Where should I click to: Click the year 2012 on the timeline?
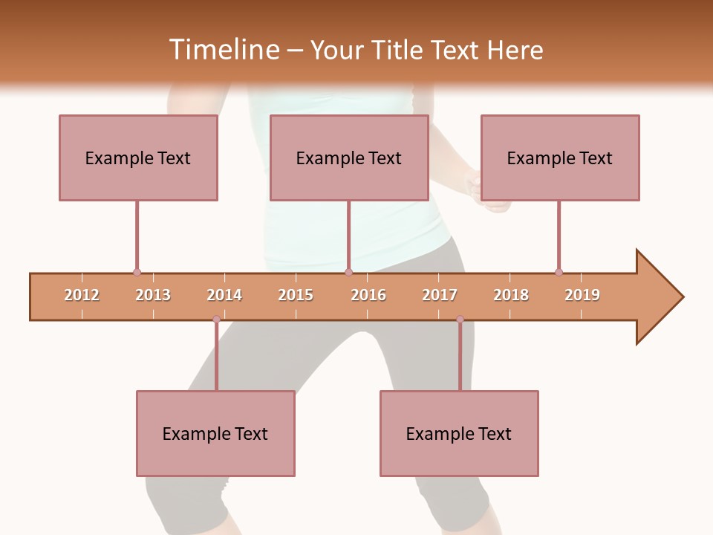click(x=82, y=295)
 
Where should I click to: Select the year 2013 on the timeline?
click(x=153, y=295)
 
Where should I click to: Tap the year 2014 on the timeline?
click(x=224, y=295)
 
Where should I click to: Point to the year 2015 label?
click(x=296, y=295)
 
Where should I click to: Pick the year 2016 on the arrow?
click(x=368, y=295)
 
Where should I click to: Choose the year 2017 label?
click(x=440, y=295)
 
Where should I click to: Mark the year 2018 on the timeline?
click(x=511, y=295)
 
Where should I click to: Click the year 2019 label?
click(x=582, y=295)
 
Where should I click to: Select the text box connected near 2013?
click(x=138, y=158)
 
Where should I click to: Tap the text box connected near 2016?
click(x=349, y=158)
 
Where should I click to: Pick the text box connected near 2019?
click(x=560, y=158)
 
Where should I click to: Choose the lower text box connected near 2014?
click(x=215, y=433)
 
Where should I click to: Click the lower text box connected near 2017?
click(x=459, y=433)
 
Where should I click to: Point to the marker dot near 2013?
click(x=137, y=273)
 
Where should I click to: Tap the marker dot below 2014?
click(x=216, y=320)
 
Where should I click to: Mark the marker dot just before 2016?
click(x=348, y=273)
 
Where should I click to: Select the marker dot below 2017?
click(x=460, y=320)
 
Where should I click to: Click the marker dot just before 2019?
click(x=559, y=273)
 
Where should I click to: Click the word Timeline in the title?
click(x=223, y=50)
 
